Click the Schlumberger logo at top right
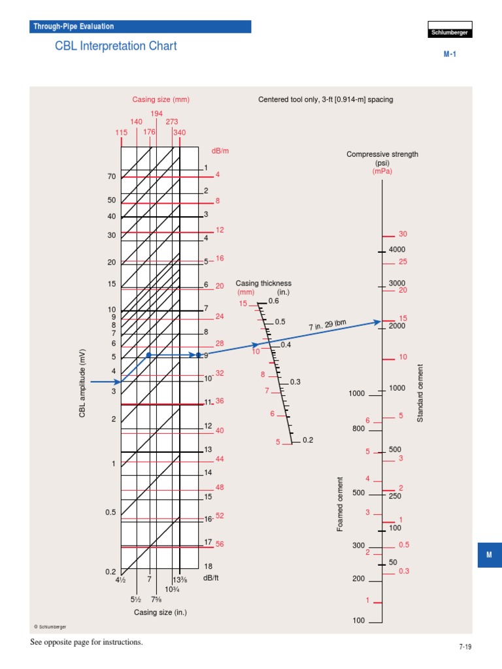450,33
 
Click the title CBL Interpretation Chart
116,46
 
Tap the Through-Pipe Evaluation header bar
141,27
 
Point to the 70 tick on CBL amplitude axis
112,177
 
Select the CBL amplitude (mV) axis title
83,384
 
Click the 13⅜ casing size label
180,579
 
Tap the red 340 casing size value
179,132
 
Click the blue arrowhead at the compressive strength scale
377,321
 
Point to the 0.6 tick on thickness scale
273,301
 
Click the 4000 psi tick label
397,250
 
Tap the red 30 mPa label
403,234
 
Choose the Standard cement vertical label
420,393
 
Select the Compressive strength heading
382,154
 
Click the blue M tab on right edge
489,555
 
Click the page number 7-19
465,647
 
